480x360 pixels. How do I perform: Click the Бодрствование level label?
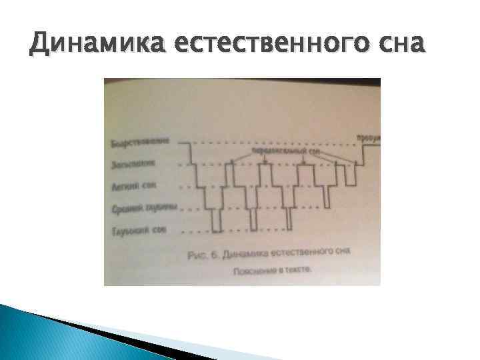[140, 142]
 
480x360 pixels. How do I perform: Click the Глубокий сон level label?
[135, 231]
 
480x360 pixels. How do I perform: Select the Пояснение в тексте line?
[271, 271]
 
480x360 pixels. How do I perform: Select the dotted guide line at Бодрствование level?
[267, 143]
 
